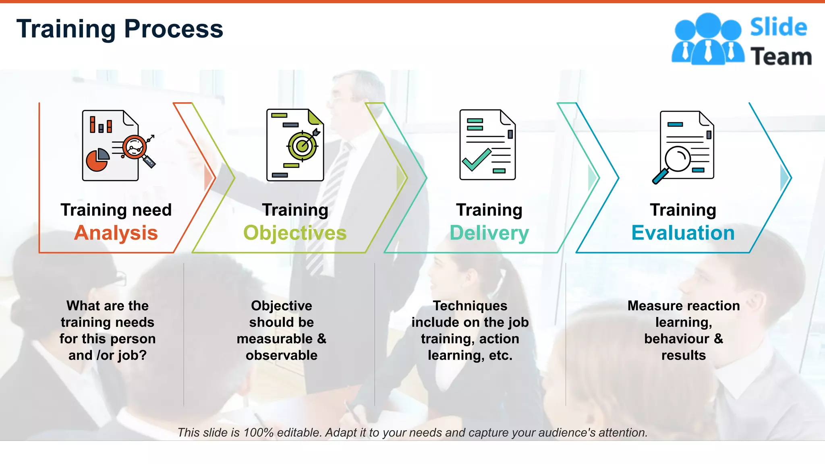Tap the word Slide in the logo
(778, 27)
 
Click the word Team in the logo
(781, 57)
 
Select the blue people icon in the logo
(708, 39)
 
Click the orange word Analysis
(116, 233)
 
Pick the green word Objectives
(295, 233)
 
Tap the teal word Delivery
(489, 233)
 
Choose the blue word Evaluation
(683, 233)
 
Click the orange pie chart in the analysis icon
(97, 160)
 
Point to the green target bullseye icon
(303, 145)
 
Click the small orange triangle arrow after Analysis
(209, 177)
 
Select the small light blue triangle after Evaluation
(784, 178)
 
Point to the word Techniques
(470, 306)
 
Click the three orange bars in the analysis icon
(101, 125)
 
